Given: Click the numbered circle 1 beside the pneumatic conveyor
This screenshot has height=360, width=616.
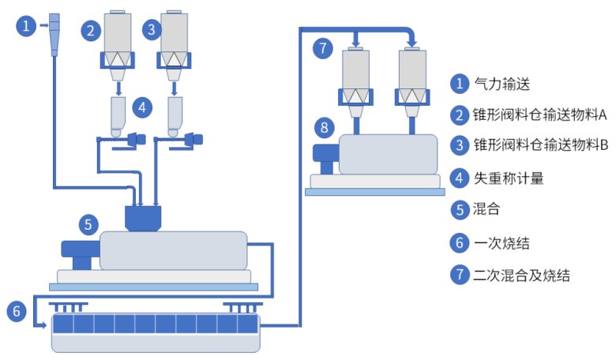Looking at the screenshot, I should (27, 27).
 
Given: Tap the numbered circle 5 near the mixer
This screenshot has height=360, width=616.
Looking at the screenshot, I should (88, 225).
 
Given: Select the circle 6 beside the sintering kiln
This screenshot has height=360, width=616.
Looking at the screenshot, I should (16, 311).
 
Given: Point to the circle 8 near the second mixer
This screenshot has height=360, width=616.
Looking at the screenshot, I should (323, 127).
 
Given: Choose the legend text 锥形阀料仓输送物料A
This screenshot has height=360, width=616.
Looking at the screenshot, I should (539, 114).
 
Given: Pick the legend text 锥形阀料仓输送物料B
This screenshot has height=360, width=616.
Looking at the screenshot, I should (539, 146).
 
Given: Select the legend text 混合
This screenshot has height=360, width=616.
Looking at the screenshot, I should (486, 211).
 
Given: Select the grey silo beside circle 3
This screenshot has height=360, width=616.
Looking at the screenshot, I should (174, 32).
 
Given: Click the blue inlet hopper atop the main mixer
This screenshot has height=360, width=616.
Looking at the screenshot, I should (144, 217).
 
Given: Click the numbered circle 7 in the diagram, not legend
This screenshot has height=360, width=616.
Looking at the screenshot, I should (322, 47).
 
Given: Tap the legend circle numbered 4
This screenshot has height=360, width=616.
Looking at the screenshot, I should (459, 178).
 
